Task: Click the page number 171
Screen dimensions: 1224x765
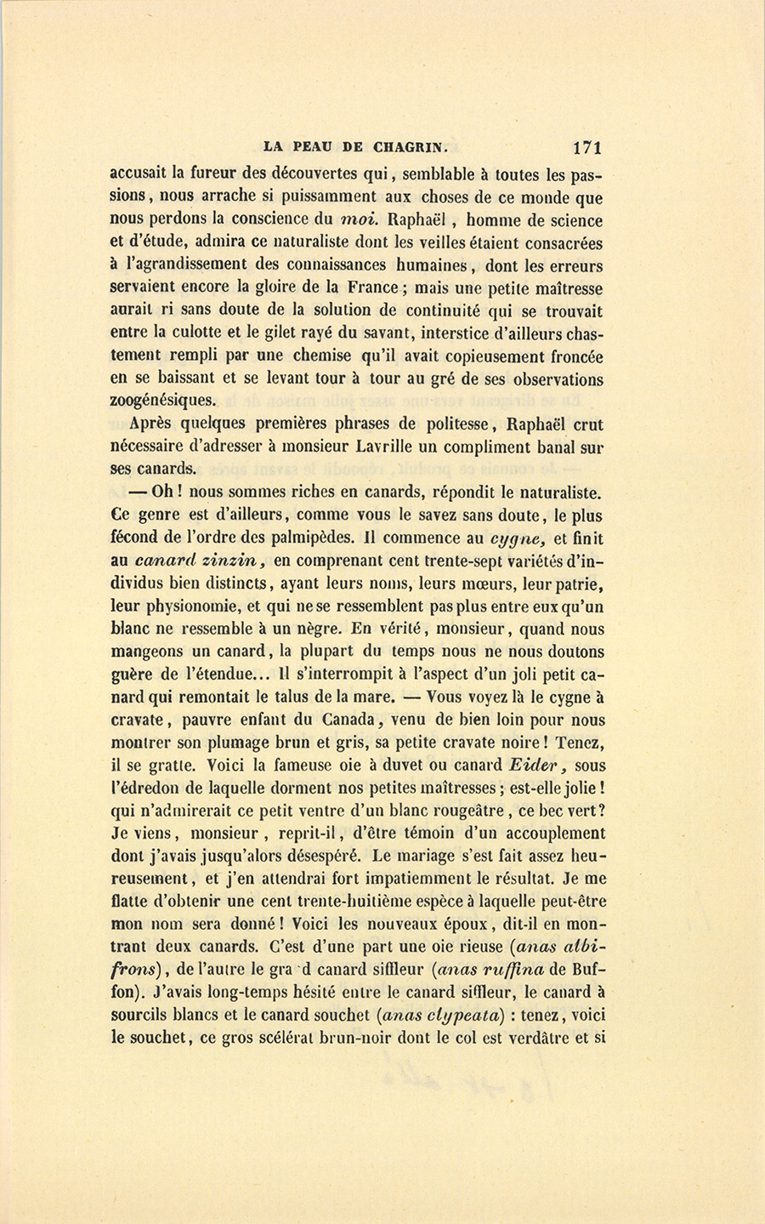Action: (x=588, y=147)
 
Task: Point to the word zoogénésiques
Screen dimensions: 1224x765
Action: (x=164, y=400)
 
